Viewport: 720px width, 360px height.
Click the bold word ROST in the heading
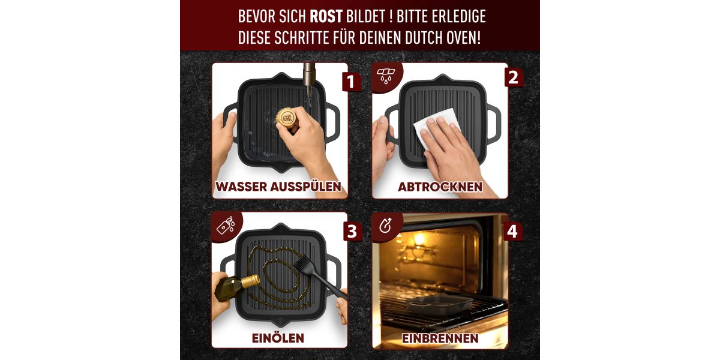326,17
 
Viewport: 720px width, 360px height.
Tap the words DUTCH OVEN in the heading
443,38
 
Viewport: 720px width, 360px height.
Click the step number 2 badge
513,78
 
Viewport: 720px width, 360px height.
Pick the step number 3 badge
352,232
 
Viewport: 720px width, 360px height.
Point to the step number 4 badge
512,232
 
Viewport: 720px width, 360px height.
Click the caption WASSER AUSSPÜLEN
278,187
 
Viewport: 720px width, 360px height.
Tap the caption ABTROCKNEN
440,187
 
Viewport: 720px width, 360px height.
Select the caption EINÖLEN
278,338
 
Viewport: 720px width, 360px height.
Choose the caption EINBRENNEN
440,338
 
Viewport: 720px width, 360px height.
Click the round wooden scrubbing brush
286,118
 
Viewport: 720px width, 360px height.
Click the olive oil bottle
236,287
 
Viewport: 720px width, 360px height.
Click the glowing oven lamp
419,239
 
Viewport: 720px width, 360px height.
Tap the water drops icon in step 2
386,76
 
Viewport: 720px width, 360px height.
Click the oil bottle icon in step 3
226,225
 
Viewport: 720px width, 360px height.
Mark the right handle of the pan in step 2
494,122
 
